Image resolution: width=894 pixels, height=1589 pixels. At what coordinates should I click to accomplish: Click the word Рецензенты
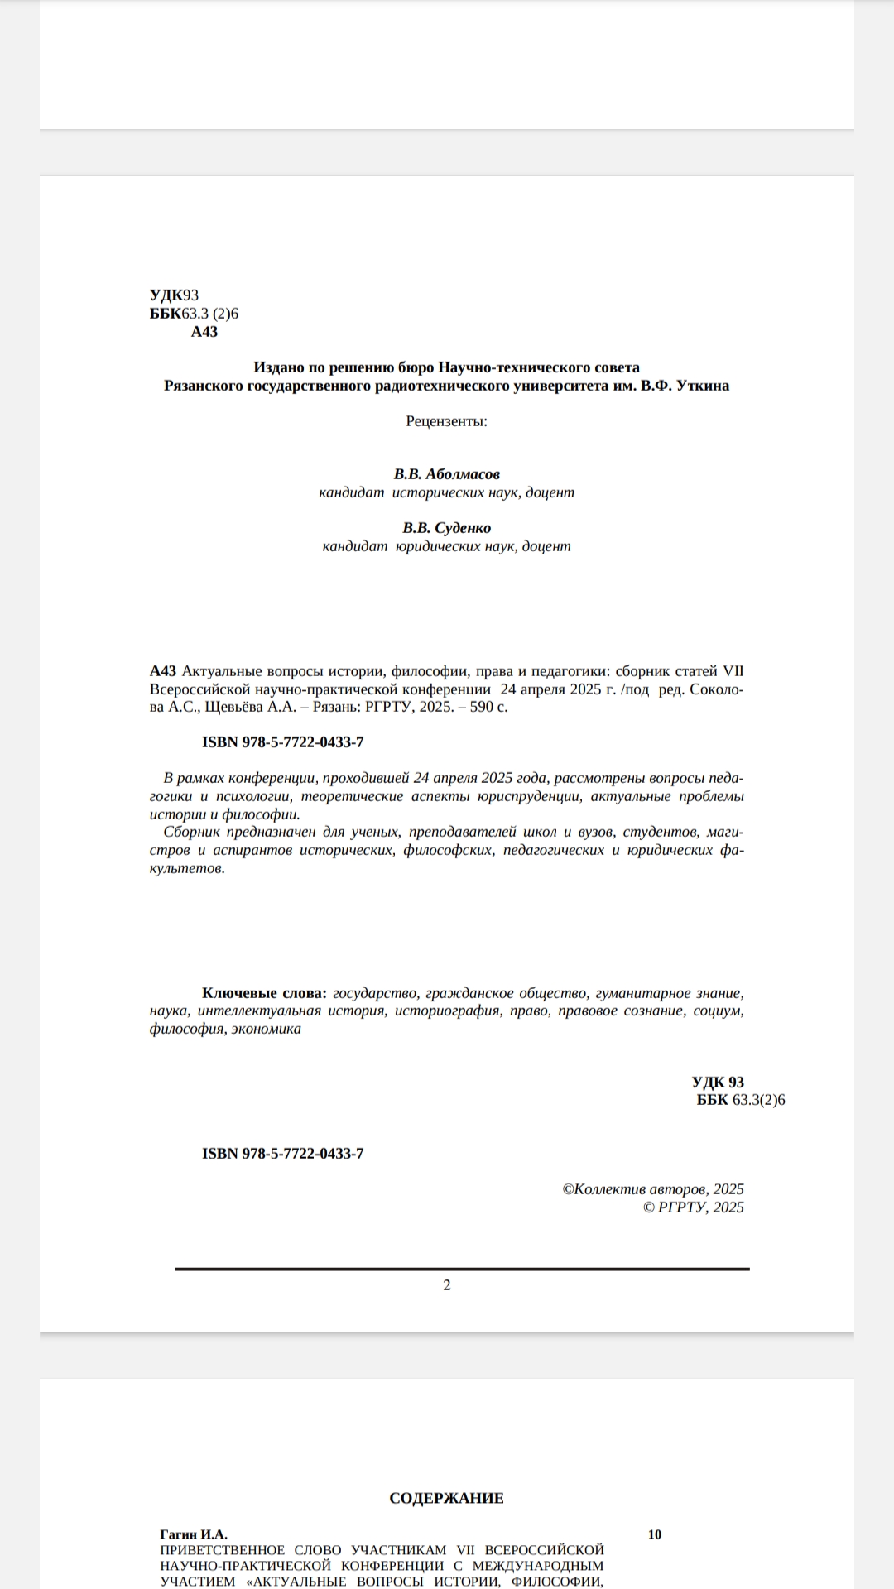446,421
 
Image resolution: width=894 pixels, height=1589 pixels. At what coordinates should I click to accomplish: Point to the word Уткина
703,386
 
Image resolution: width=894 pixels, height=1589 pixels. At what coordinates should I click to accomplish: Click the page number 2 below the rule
447,1285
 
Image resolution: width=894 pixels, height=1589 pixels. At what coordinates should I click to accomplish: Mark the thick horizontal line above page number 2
462,1269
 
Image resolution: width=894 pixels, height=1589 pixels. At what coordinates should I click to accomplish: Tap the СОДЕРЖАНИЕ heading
446,1498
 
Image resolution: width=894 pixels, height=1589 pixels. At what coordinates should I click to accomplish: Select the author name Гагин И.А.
194,1534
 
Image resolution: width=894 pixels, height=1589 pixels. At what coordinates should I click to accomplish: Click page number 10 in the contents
655,1534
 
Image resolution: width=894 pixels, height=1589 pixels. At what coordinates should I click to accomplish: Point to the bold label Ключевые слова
264,993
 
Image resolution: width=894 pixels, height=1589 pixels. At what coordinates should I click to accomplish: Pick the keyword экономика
267,1030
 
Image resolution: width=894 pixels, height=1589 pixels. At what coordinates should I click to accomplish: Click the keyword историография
447,1011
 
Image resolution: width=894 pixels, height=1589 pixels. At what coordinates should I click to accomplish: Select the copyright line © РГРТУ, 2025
694,1207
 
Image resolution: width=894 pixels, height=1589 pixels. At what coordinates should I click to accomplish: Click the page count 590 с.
488,707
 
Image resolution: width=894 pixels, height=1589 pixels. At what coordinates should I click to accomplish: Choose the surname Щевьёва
233,707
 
